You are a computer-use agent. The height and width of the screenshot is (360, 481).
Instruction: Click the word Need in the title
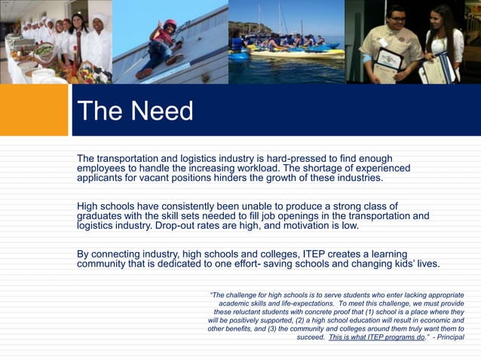point(161,111)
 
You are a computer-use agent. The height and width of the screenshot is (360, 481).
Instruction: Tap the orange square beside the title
point(34,110)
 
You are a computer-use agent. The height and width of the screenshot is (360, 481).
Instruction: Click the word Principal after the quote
point(448,338)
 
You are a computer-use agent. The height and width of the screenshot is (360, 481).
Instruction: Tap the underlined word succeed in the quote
point(311,338)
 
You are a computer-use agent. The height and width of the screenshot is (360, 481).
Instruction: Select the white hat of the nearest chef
point(98,18)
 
